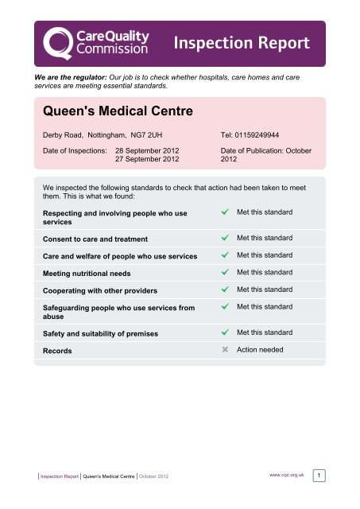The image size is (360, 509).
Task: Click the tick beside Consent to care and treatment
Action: point(226,238)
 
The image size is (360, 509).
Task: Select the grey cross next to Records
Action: point(226,349)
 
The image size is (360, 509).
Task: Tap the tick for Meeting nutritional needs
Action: point(226,272)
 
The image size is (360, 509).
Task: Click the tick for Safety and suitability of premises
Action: point(226,332)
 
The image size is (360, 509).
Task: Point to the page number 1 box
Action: point(318,476)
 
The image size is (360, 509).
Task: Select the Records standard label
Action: point(58,349)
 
